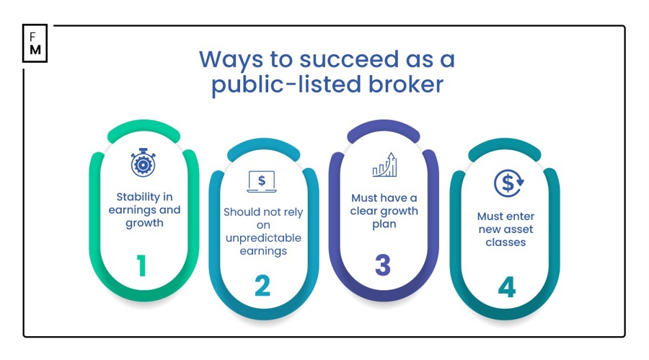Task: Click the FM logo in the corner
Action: (x=35, y=43)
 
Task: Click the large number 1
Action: (x=142, y=266)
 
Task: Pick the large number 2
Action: (x=262, y=286)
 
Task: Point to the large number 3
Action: (x=383, y=266)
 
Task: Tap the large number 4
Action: (x=507, y=288)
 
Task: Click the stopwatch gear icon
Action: (x=143, y=162)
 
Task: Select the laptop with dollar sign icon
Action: (x=262, y=181)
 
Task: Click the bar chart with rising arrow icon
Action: (x=384, y=164)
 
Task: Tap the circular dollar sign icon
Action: (x=508, y=183)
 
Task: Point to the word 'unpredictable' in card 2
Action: (x=262, y=238)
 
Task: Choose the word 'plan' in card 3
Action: (x=384, y=224)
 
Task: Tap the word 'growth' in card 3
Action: (x=399, y=211)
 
